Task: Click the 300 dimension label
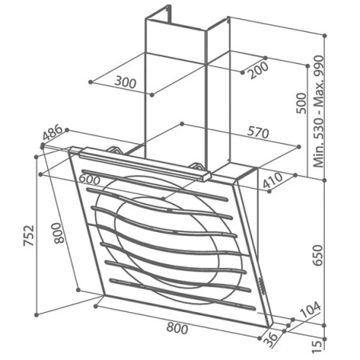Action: (x=126, y=82)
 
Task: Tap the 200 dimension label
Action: (x=258, y=70)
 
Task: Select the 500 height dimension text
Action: (x=302, y=103)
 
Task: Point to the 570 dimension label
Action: (x=258, y=132)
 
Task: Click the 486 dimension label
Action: (x=53, y=132)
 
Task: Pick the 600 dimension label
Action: (x=90, y=179)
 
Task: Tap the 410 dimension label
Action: (x=272, y=181)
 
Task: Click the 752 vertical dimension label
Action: (x=29, y=235)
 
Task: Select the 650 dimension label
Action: (x=318, y=255)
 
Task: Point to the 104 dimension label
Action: (x=310, y=310)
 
